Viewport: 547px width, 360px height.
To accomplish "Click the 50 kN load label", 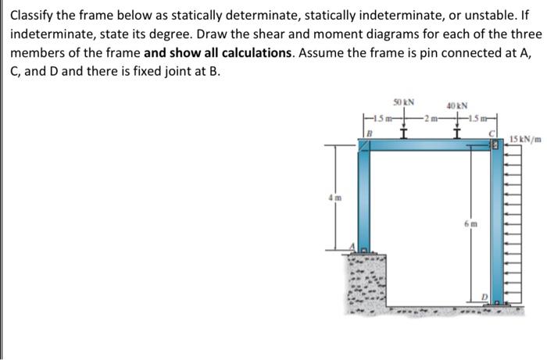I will tap(404, 102).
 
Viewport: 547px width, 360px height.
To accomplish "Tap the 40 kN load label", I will tap(456, 106).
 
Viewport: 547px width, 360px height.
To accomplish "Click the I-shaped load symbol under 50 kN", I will tap(404, 130).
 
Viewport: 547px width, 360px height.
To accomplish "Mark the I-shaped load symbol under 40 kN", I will tap(456, 131).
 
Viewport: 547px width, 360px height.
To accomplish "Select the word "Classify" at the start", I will tap(30, 15).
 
